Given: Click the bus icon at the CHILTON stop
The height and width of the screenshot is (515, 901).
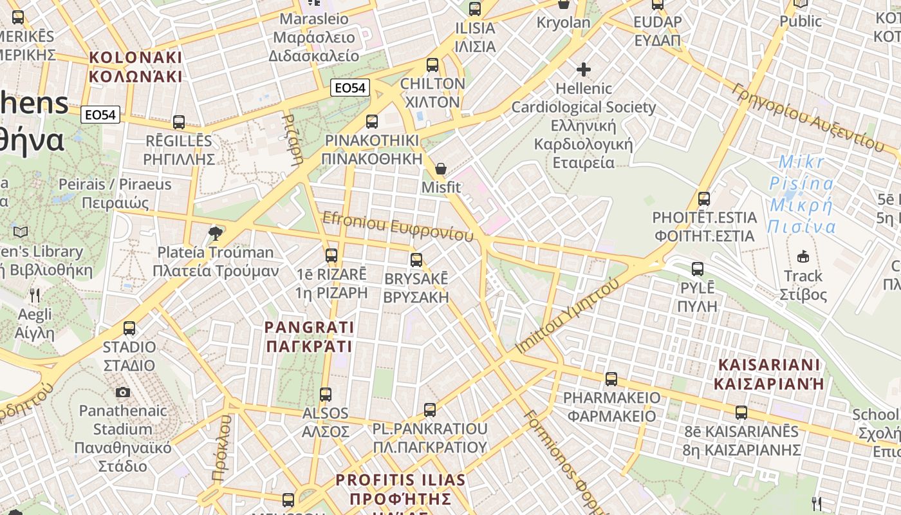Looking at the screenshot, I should pyautogui.click(x=432, y=65).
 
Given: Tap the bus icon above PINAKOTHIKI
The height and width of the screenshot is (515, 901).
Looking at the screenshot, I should pyautogui.click(x=371, y=122).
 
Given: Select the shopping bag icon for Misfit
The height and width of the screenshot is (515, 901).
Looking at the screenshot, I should pyautogui.click(x=441, y=169).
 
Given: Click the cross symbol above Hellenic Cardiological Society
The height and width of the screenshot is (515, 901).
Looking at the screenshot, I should pyautogui.click(x=584, y=69).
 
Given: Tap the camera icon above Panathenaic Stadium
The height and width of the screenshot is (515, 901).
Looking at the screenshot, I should pyautogui.click(x=122, y=392).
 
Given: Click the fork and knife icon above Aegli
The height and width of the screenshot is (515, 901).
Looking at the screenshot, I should pyautogui.click(x=35, y=295).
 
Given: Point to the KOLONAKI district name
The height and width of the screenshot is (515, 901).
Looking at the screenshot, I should pyautogui.click(x=136, y=67).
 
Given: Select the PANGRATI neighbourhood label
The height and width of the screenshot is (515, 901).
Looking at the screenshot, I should pyautogui.click(x=309, y=337).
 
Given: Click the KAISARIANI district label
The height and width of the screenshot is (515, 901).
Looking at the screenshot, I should pyautogui.click(x=769, y=374).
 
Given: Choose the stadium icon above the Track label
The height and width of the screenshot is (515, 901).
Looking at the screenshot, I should pyautogui.click(x=803, y=257).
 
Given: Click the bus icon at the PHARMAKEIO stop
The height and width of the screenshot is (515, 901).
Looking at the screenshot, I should pyautogui.click(x=611, y=379).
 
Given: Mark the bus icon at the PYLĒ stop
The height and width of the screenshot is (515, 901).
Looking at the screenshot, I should pyautogui.click(x=697, y=269).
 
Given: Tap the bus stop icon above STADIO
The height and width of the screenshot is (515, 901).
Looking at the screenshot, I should pyautogui.click(x=129, y=328).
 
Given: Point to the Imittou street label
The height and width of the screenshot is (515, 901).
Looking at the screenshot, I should pyautogui.click(x=568, y=315).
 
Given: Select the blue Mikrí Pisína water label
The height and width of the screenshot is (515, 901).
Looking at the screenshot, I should pyautogui.click(x=802, y=194).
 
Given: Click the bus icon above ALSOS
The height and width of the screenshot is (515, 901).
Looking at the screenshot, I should pyautogui.click(x=326, y=394).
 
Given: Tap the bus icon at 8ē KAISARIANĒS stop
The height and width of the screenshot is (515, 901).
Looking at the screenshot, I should pyautogui.click(x=741, y=412).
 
